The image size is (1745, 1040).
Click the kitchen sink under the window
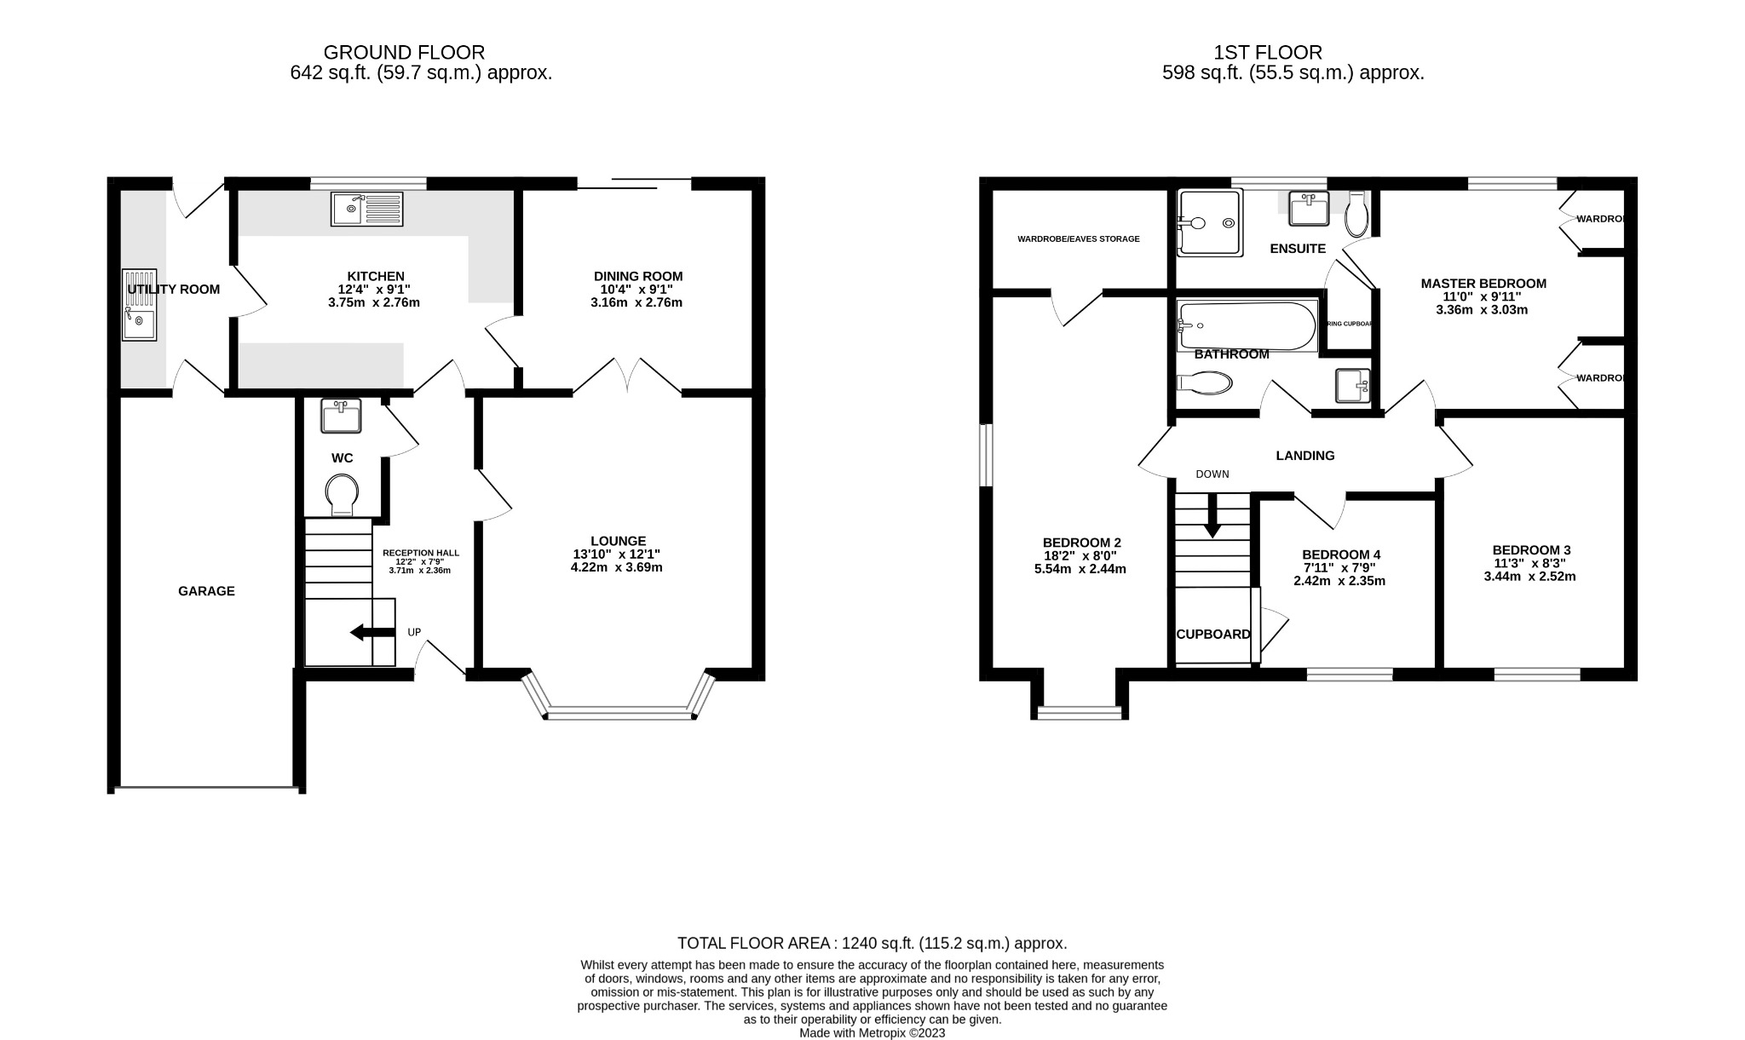[x=368, y=209]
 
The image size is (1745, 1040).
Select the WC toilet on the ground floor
[x=342, y=495]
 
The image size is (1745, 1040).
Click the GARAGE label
[x=206, y=591]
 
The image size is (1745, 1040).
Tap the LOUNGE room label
[x=618, y=541]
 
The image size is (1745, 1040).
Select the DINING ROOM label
[x=637, y=276]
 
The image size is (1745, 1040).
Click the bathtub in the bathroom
[x=1246, y=325]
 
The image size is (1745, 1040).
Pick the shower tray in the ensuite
[x=1208, y=223]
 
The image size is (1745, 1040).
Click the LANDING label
[x=1304, y=456]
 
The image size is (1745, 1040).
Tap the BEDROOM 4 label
[x=1341, y=554]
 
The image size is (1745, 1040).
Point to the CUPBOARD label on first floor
[x=1212, y=635]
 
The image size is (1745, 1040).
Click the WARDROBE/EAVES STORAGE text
[x=1078, y=239]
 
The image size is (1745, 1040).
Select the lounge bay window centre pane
[x=619, y=713]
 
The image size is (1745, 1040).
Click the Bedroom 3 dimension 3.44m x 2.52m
[x=1529, y=577]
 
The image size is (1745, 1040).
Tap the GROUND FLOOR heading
[x=404, y=53]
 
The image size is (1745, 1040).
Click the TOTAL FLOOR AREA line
[x=872, y=943]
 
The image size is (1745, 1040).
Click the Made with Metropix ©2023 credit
[x=872, y=1033]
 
